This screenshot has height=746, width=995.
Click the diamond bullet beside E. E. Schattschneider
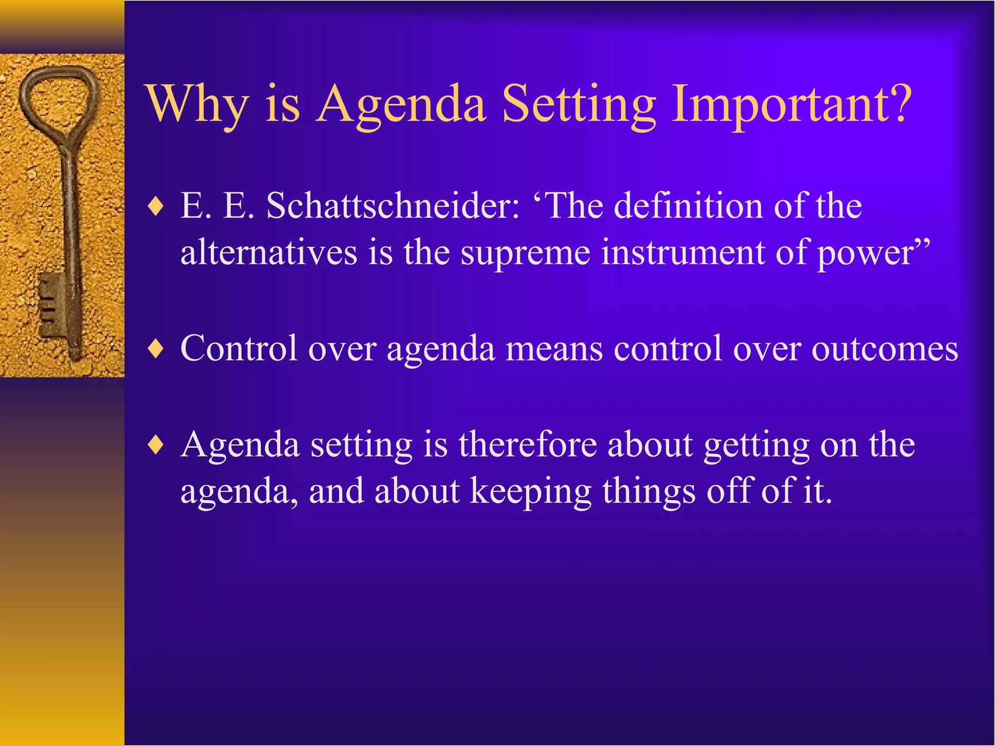[x=156, y=207]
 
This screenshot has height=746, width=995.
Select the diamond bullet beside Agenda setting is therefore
[x=156, y=445]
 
